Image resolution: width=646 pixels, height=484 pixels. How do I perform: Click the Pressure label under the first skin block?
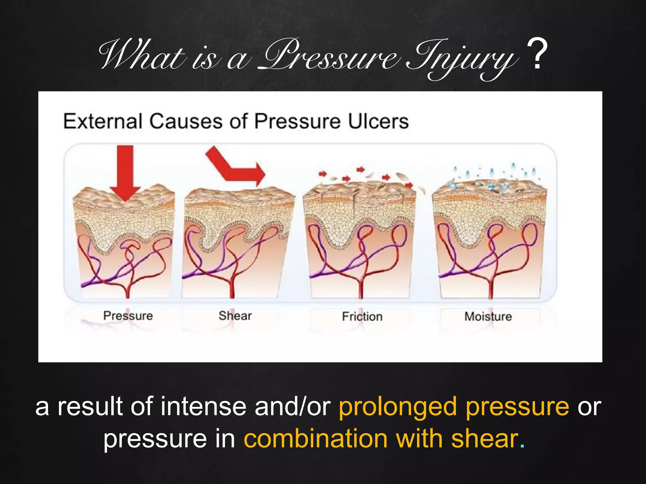(128, 315)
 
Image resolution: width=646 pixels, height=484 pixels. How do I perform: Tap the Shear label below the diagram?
(235, 315)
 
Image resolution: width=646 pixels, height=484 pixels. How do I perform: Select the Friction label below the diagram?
(362, 316)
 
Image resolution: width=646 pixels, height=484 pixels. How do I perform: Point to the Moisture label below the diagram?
(488, 316)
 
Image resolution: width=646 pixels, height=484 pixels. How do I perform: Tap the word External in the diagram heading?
(103, 121)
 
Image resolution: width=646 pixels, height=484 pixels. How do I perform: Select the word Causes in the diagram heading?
(186, 121)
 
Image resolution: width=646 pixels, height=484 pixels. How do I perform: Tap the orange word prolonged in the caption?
(397, 406)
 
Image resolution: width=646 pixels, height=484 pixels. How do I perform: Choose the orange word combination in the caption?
(315, 439)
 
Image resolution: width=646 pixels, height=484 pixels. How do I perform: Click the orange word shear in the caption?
(484, 439)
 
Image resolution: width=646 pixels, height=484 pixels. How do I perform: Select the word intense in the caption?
(203, 406)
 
